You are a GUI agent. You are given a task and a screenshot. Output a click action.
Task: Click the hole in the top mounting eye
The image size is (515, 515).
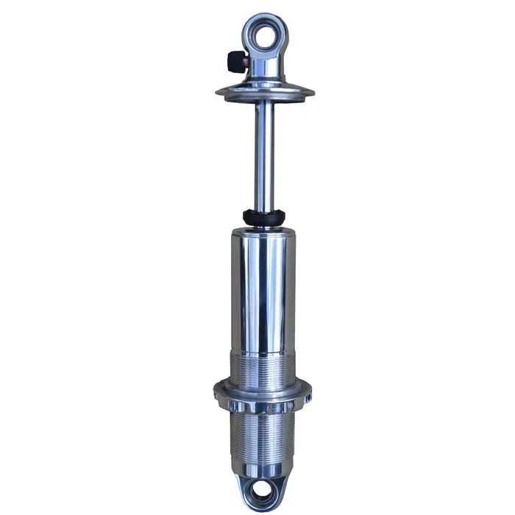tap(265, 32)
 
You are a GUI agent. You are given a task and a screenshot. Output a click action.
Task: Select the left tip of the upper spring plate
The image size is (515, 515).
tap(218, 93)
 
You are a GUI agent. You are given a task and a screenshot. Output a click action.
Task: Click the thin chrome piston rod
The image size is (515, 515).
tap(265, 154)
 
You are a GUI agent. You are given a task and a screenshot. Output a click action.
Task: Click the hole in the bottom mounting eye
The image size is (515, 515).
tap(263, 489)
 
